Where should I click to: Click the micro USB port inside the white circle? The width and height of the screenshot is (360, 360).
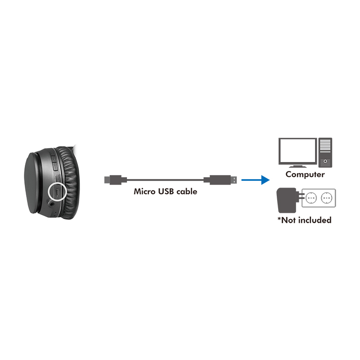57,191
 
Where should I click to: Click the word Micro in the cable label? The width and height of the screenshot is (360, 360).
144,192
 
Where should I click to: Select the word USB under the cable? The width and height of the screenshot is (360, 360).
166,192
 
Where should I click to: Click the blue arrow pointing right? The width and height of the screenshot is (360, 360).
256,180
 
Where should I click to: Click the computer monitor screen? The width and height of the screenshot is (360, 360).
297,151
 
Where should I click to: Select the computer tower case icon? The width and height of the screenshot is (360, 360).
325,153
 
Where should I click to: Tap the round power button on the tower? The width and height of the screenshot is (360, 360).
325,161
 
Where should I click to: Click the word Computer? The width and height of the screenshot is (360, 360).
305,175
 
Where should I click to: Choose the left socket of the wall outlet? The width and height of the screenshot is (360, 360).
311,198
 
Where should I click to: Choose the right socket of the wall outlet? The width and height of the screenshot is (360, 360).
327,198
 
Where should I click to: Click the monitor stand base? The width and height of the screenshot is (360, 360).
297,166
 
